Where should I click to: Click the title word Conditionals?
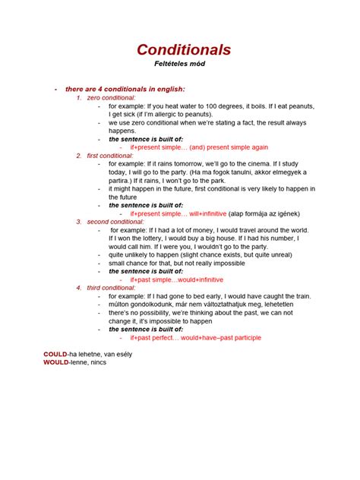[184, 49]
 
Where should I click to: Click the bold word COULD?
[55, 354]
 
